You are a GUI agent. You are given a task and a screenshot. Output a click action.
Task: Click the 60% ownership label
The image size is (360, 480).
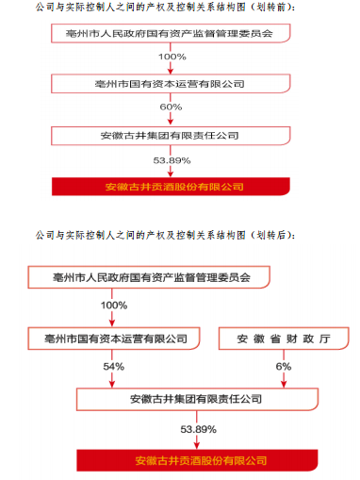click(172, 108)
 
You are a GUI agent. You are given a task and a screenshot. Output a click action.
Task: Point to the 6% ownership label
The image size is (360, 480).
click(283, 366)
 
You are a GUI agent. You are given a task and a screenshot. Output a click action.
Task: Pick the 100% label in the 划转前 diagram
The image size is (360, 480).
click(172, 57)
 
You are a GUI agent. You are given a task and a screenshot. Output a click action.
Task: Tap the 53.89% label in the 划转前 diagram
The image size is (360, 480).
click(172, 160)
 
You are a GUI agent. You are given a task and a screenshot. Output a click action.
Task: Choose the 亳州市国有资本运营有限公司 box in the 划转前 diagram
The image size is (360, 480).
click(172, 83)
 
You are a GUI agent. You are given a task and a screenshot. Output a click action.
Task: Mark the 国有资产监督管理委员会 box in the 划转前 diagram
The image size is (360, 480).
click(172, 32)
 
